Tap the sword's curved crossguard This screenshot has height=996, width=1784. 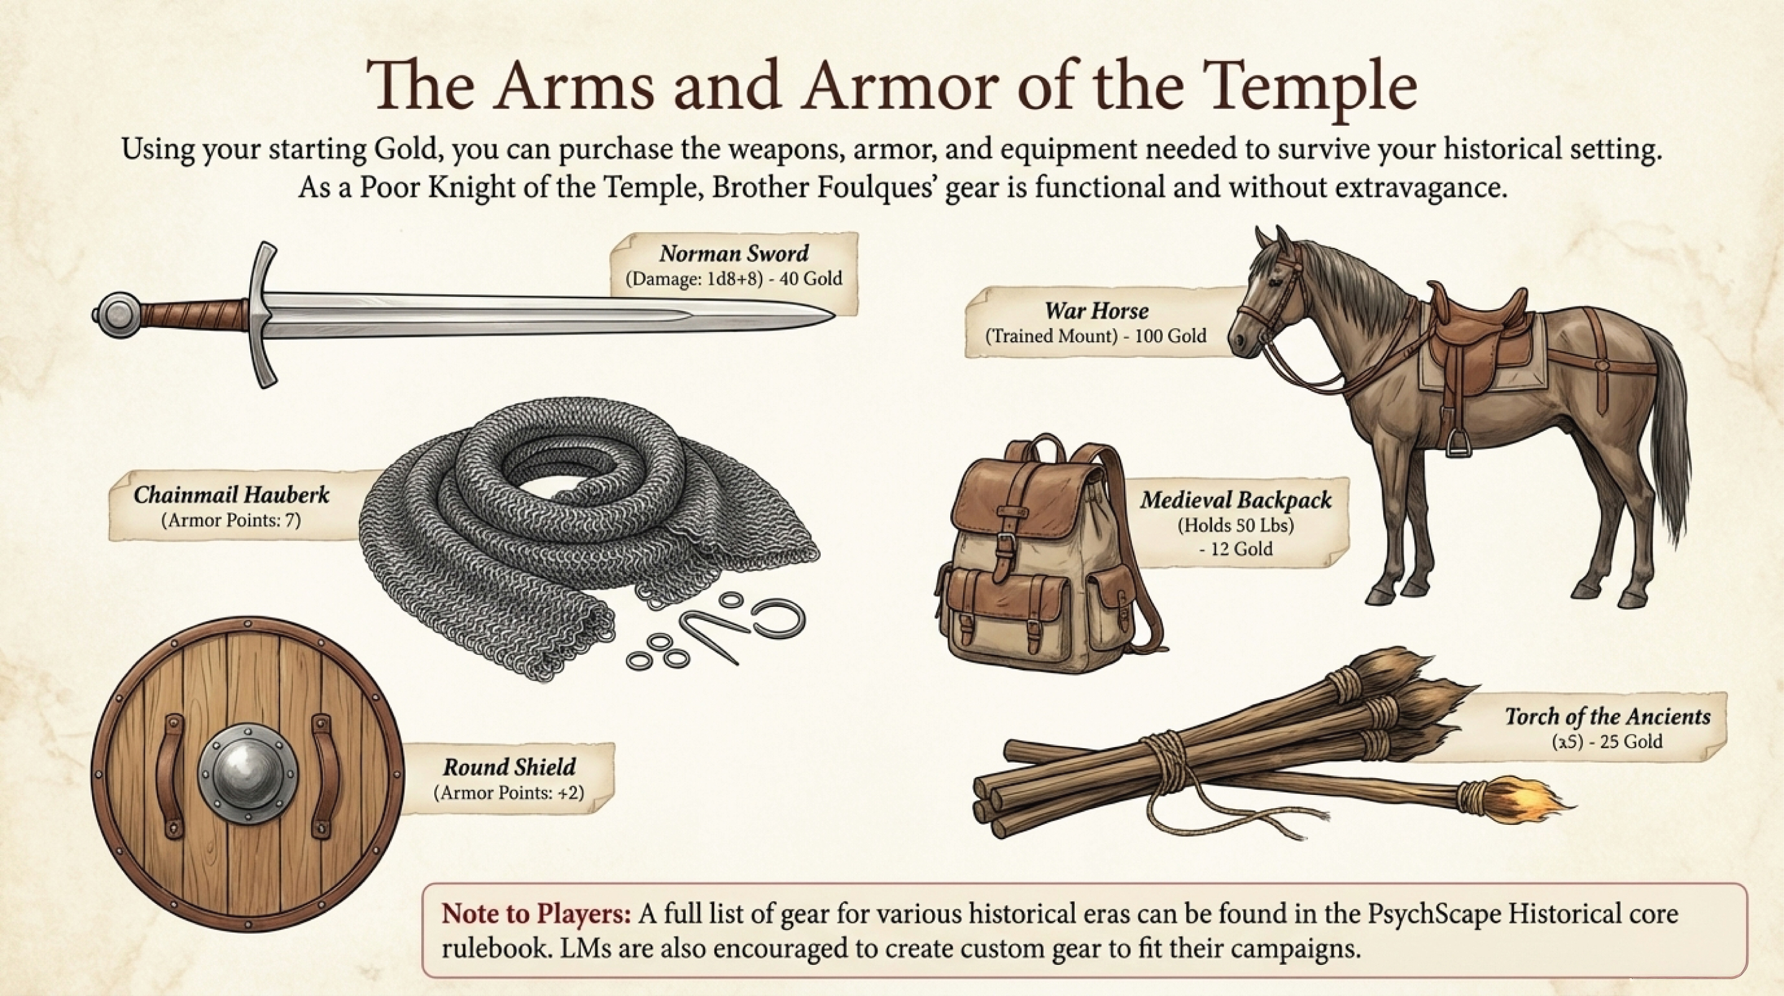click(262, 315)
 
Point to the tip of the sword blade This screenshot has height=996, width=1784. click(828, 316)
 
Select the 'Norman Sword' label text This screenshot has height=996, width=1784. click(734, 253)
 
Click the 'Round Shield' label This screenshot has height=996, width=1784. click(509, 767)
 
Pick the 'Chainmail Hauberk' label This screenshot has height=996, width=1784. click(231, 494)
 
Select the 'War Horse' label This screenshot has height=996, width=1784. click(1096, 310)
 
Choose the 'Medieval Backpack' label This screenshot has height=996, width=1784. click(1236, 499)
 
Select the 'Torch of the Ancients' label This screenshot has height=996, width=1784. click(1607, 715)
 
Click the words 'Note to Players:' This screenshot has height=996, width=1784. click(536, 914)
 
